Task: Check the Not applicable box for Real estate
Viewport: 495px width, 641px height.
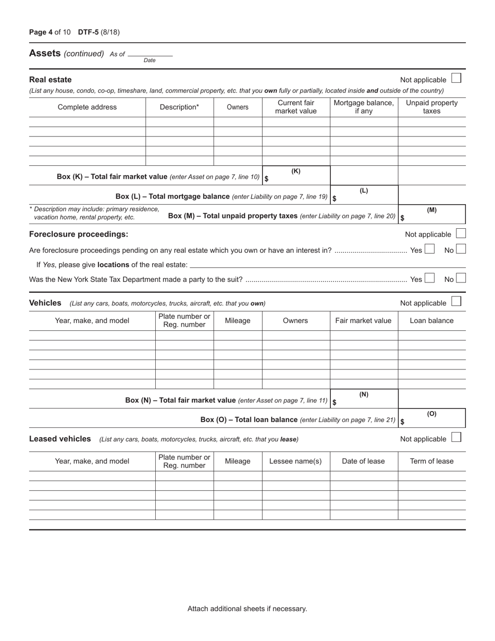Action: point(456,79)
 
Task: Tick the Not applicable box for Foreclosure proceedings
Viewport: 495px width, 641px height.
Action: point(461,233)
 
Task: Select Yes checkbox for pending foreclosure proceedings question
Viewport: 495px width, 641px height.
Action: point(429,250)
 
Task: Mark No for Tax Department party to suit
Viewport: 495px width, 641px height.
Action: point(461,278)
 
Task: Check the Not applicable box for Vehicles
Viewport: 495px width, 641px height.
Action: point(456,302)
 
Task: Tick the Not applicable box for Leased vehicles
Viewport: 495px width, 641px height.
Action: point(456,438)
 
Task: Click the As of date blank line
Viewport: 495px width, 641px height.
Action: point(150,53)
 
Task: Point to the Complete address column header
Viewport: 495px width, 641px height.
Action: point(87,107)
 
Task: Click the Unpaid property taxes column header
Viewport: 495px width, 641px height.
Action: point(431,107)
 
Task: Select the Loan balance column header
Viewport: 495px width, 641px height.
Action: point(431,320)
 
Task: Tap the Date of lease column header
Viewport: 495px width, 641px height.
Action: point(363,461)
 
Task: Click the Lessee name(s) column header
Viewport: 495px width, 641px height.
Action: point(295,461)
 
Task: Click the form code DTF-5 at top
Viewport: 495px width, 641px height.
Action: point(88,32)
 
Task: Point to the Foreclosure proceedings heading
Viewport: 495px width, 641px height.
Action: point(79,234)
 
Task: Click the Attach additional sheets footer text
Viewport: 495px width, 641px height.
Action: point(247,608)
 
